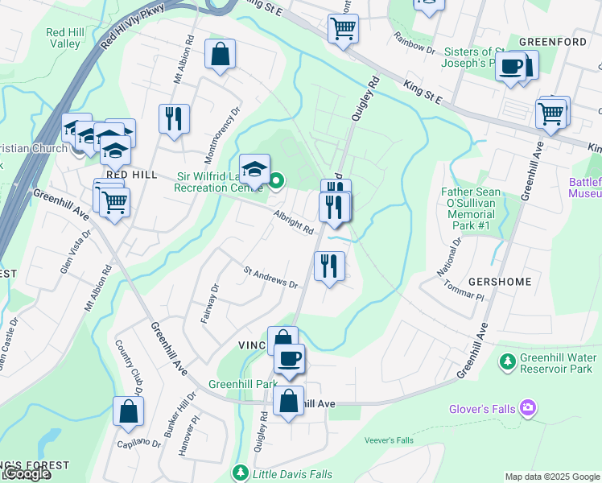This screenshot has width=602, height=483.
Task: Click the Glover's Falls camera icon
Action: point(528,409)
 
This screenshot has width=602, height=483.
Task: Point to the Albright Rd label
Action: point(292,225)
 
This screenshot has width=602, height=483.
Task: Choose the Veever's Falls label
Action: point(388,440)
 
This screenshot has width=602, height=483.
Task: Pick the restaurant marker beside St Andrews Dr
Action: point(328,266)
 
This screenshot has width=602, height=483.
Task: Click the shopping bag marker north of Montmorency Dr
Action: point(220,54)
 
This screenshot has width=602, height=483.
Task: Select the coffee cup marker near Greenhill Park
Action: point(289,358)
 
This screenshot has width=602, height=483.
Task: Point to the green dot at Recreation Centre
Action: point(276,180)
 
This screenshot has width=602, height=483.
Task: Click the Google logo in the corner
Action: point(26,474)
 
